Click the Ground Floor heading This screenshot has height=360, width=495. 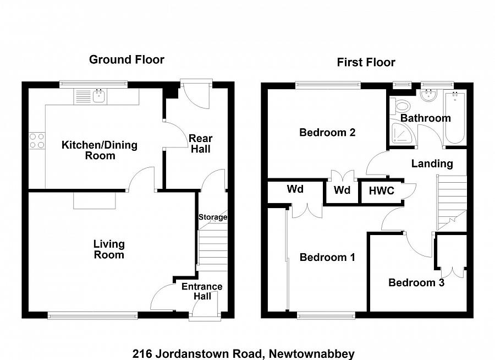[127, 59]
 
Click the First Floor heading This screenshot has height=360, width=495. [366, 62]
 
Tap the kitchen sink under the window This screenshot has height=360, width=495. [100, 96]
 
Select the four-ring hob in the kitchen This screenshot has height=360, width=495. [37, 140]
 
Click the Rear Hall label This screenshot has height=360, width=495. [200, 144]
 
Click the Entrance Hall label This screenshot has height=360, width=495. [202, 291]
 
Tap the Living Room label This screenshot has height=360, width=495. [109, 249]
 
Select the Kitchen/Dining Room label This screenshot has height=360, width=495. [99, 150]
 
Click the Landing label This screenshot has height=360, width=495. [432, 163]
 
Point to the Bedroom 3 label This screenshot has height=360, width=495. [416, 283]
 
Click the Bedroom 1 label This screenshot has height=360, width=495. [327, 257]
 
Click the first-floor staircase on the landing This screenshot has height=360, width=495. [451, 201]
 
